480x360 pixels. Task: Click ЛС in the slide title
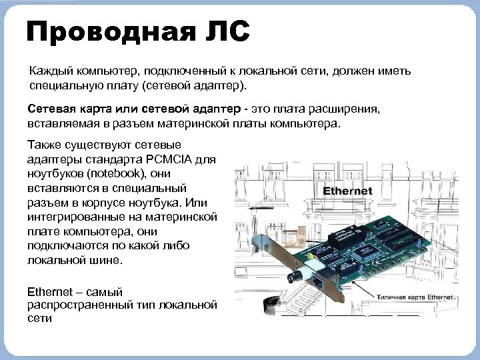click(227, 31)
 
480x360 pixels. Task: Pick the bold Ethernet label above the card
click(347, 191)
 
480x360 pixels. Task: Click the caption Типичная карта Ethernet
click(415, 297)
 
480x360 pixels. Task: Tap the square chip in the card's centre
click(365, 252)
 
